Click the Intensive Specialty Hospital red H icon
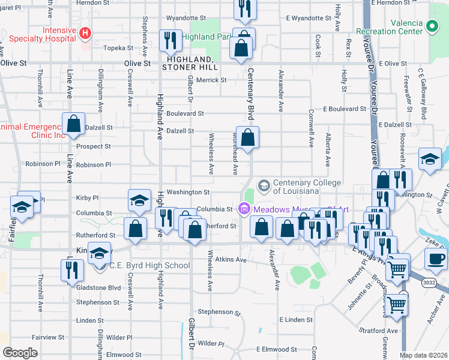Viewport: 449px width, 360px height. point(85,32)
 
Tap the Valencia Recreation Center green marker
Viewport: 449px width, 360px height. point(432,25)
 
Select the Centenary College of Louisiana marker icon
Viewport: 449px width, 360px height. point(263,185)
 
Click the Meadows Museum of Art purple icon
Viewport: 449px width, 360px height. point(244,209)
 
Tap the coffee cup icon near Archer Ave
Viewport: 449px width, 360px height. point(436,259)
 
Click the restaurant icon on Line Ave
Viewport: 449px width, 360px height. point(71,269)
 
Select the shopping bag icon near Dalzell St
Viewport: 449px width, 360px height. point(73,124)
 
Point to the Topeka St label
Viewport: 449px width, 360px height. point(118,47)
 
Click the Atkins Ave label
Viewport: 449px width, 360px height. point(231,260)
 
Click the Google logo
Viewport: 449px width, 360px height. point(20,353)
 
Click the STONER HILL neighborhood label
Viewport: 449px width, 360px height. point(188,68)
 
